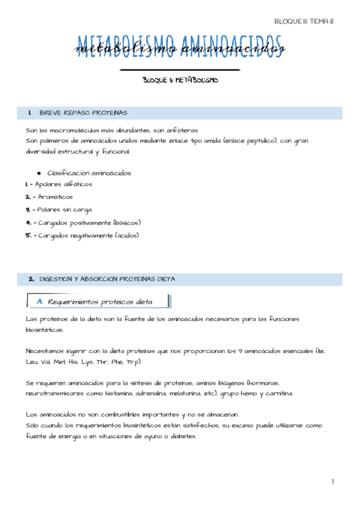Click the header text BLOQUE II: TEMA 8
pos(303,21)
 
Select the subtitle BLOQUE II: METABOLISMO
pos(180,80)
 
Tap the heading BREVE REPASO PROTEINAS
pos(83,113)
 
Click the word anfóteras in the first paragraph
pos(182,130)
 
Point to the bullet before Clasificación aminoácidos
pos(38,173)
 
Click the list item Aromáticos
pos(54,196)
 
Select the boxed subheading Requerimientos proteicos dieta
pos(100,301)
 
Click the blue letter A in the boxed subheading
pos(40,301)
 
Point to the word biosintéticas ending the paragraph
pos(44,330)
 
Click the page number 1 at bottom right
pos(332,481)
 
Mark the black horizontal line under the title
pos(180,71)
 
